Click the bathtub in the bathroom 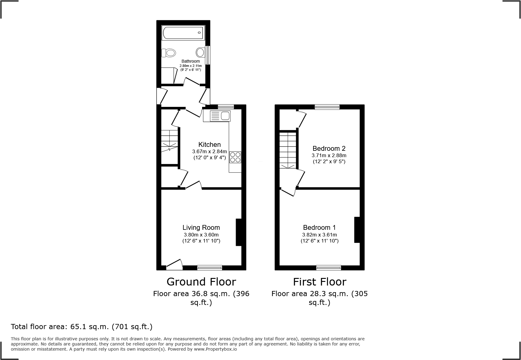183,32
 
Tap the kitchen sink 217,116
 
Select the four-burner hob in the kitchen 235,157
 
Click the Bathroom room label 191,61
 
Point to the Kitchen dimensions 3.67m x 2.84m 209,151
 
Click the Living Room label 201,227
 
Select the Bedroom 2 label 329,148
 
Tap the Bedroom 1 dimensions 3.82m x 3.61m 319,235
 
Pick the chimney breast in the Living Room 239,232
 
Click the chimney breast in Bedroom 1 357,230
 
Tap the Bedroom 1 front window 329,268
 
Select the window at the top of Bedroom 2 327,107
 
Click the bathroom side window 208,55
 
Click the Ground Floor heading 201,282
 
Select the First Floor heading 319,282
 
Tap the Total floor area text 82,327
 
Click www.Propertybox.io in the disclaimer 215,349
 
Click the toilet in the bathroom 169,53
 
